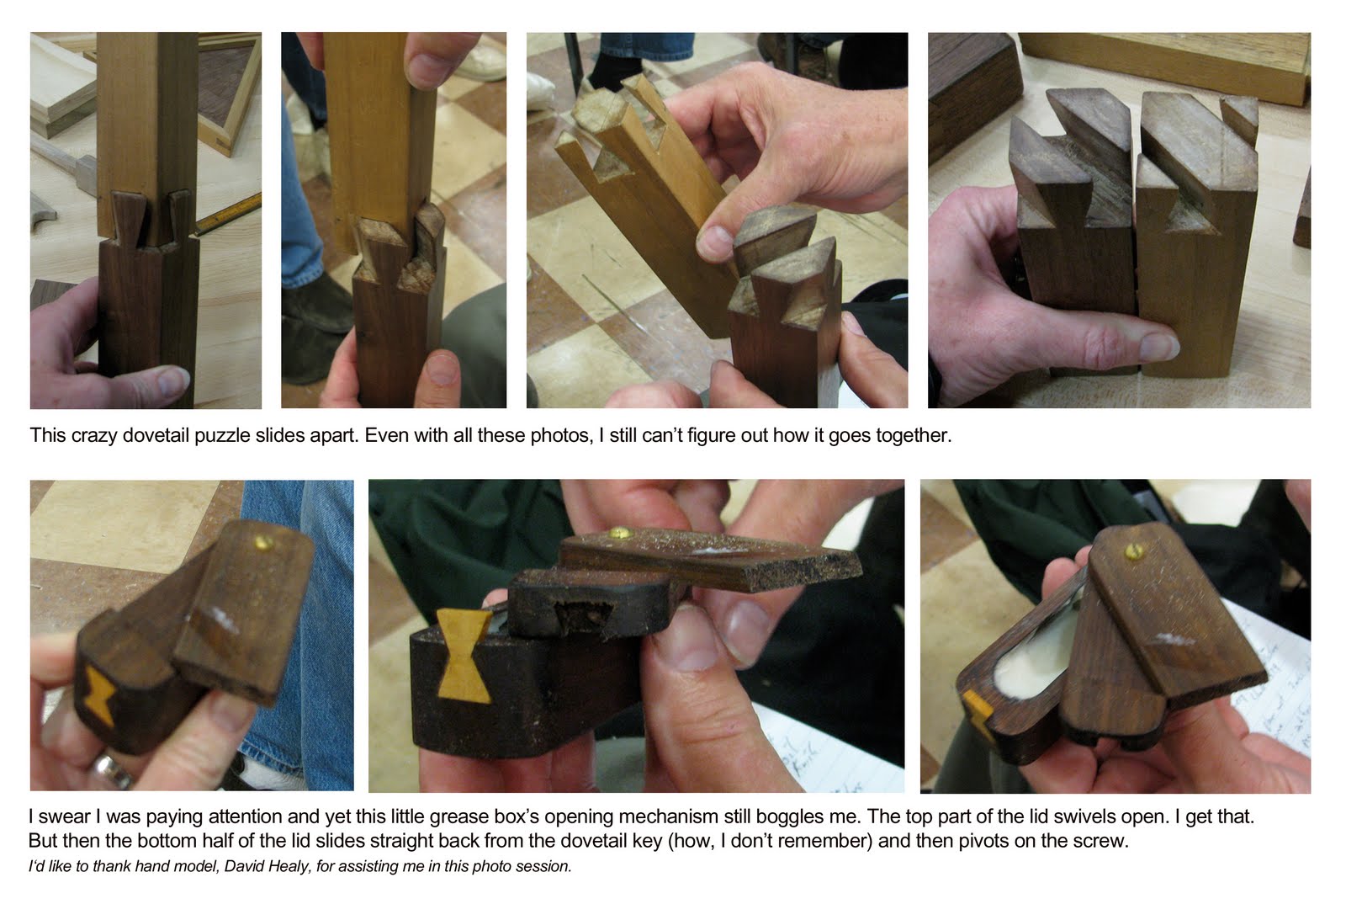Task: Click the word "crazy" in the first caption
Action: click(93, 435)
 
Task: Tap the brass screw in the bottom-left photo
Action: click(263, 543)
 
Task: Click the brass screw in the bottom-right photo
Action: click(1133, 550)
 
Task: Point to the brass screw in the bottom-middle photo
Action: click(619, 531)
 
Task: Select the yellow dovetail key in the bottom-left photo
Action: click(99, 695)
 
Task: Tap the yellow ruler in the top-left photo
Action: click(228, 215)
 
